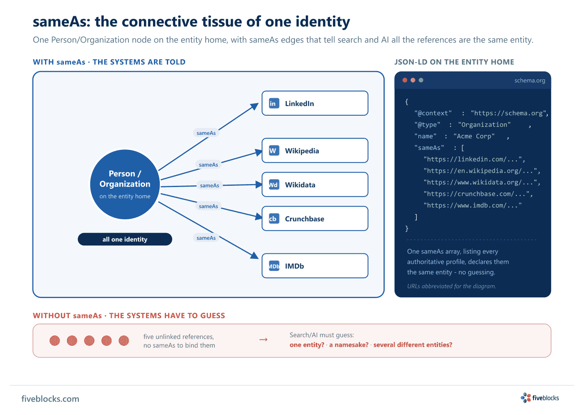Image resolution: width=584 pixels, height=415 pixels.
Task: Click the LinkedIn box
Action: coord(315,104)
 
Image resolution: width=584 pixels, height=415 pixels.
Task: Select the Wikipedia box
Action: coord(315,151)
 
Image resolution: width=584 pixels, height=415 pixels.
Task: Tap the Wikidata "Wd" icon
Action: coord(274,185)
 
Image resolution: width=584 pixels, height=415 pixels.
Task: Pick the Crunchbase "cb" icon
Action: coord(274,219)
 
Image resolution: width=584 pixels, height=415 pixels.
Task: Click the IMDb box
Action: coord(315,266)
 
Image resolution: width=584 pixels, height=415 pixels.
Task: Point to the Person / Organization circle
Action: coord(125,184)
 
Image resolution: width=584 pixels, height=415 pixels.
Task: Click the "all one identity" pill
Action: coord(125,239)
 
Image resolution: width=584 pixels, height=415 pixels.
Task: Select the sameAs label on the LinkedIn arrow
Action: coord(206,133)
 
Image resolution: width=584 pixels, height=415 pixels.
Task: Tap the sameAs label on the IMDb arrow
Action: coord(206,238)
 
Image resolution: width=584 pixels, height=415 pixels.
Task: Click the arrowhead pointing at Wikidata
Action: coord(259,185)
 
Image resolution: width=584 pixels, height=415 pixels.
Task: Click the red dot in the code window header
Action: coord(405,80)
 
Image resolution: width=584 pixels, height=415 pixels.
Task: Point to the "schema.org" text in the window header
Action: coord(529,81)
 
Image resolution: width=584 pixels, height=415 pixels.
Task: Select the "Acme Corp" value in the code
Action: coord(474,136)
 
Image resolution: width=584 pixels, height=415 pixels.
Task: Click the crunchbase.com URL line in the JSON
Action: coord(478,194)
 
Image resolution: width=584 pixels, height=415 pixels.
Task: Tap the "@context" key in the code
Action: coord(433,113)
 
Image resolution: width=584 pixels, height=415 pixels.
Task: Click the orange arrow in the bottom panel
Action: coord(263,339)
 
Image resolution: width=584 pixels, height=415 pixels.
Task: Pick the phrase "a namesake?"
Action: coord(349,345)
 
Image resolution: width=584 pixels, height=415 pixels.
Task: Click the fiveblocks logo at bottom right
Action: coord(540,398)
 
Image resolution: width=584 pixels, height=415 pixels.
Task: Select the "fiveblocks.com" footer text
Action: coord(50,399)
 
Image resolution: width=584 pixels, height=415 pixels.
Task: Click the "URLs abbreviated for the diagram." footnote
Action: coord(451,286)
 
